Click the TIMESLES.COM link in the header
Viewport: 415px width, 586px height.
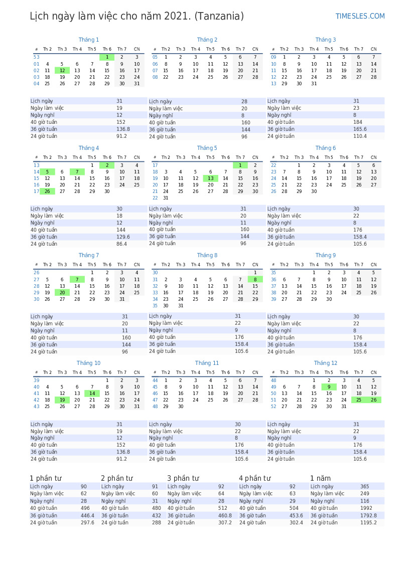tap(360, 16)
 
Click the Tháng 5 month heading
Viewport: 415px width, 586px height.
tap(207, 148)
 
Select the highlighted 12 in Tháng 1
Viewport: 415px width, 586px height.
tap(62, 71)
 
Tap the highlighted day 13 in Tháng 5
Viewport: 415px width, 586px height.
tap(210, 178)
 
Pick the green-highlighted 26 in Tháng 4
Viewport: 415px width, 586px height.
tap(47, 191)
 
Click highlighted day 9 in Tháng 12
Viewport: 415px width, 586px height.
tap(329, 387)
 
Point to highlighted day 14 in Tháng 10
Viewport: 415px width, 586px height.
tap(92, 394)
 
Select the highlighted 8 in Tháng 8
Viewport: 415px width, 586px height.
tap(255, 279)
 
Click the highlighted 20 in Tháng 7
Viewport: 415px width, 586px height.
tap(62, 293)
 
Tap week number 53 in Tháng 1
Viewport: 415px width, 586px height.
tap(37, 57)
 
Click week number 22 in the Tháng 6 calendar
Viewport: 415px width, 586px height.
tap(273, 165)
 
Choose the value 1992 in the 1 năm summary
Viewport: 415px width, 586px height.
tap(366, 508)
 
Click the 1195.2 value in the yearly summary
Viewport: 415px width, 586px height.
tap(368, 522)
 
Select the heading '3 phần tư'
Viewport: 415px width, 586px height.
tap(183, 478)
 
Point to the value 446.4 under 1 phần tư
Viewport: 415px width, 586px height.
tap(87, 515)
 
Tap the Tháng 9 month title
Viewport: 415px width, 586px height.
tap(325, 255)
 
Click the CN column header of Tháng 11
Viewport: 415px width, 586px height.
tap(255, 372)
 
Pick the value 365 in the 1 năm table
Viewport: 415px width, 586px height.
tap(364, 486)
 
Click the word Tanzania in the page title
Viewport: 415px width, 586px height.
tap(219, 17)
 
